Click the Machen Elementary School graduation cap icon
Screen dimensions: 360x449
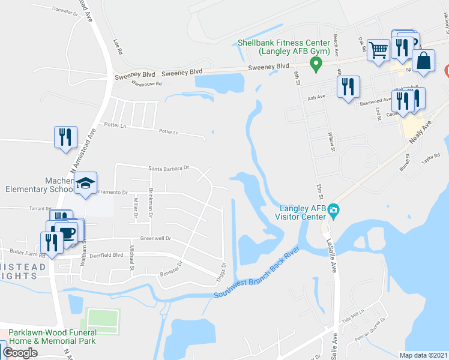(x=86, y=182)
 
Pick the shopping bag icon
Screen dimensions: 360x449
(x=424, y=61)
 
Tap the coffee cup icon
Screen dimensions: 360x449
(x=67, y=232)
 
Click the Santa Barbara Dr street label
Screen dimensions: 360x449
(x=169, y=169)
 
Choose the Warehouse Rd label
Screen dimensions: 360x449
(x=147, y=84)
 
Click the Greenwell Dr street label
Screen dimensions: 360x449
(x=155, y=238)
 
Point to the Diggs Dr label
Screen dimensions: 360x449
(x=223, y=266)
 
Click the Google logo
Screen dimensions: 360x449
(x=20, y=353)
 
